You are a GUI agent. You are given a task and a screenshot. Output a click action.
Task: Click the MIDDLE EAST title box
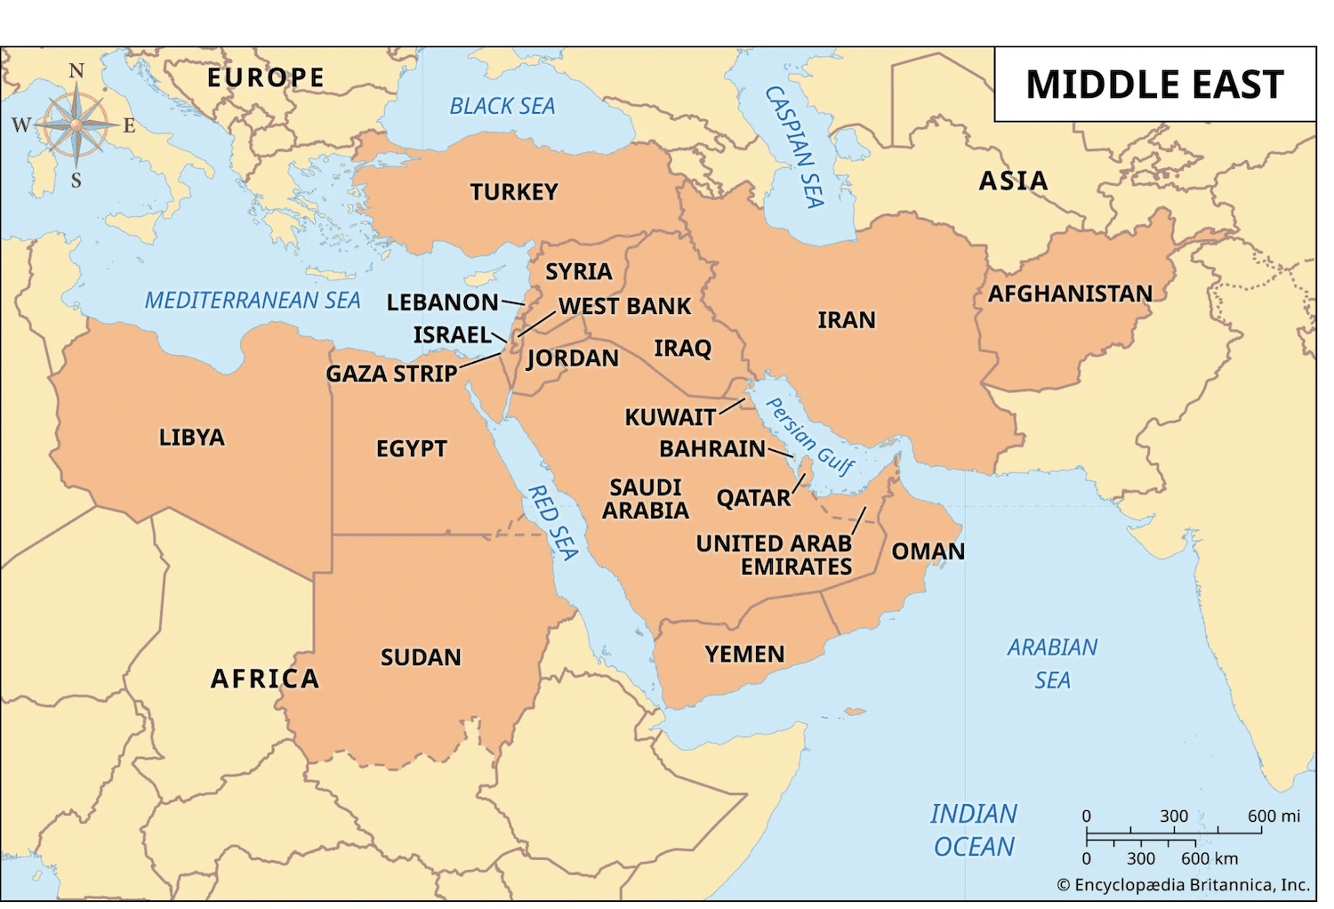(x=1154, y=84)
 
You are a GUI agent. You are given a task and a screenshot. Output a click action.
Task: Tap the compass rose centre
(x=76, y=125)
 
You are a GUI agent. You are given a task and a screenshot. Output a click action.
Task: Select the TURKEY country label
(x=514, y=192)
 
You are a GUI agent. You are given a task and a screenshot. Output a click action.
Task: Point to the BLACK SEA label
(x=502, y=107)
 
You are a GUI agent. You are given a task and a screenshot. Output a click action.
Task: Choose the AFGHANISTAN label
(x=1070, y=294)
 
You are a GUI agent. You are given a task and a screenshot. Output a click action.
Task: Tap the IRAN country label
(x=846, y=320)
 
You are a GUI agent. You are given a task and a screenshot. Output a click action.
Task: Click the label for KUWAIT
(x=670, y=417)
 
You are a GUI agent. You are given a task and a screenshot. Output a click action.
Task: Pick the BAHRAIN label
(x=711, y=448)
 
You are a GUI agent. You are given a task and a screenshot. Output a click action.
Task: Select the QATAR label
(x=753, y=498)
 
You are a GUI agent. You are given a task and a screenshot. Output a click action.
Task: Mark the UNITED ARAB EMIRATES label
(x=774, y=555)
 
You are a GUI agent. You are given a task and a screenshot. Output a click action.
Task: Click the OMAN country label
(x=928, y=551)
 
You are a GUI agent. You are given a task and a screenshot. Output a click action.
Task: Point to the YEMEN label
(x=744, y=655)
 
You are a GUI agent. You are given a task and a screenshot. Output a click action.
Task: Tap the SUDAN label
(x=421, y=657)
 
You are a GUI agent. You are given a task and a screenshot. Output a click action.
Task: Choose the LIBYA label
(x=191, y=438)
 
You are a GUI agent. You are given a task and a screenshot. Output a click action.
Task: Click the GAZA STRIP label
(x=391, y=374)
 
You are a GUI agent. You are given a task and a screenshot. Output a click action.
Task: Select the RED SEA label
(x=553, y=523)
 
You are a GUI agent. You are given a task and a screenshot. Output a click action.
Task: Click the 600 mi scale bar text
(x=1273, y=816)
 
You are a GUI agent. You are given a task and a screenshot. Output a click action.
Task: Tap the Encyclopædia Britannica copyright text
(x=1183, y=885)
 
